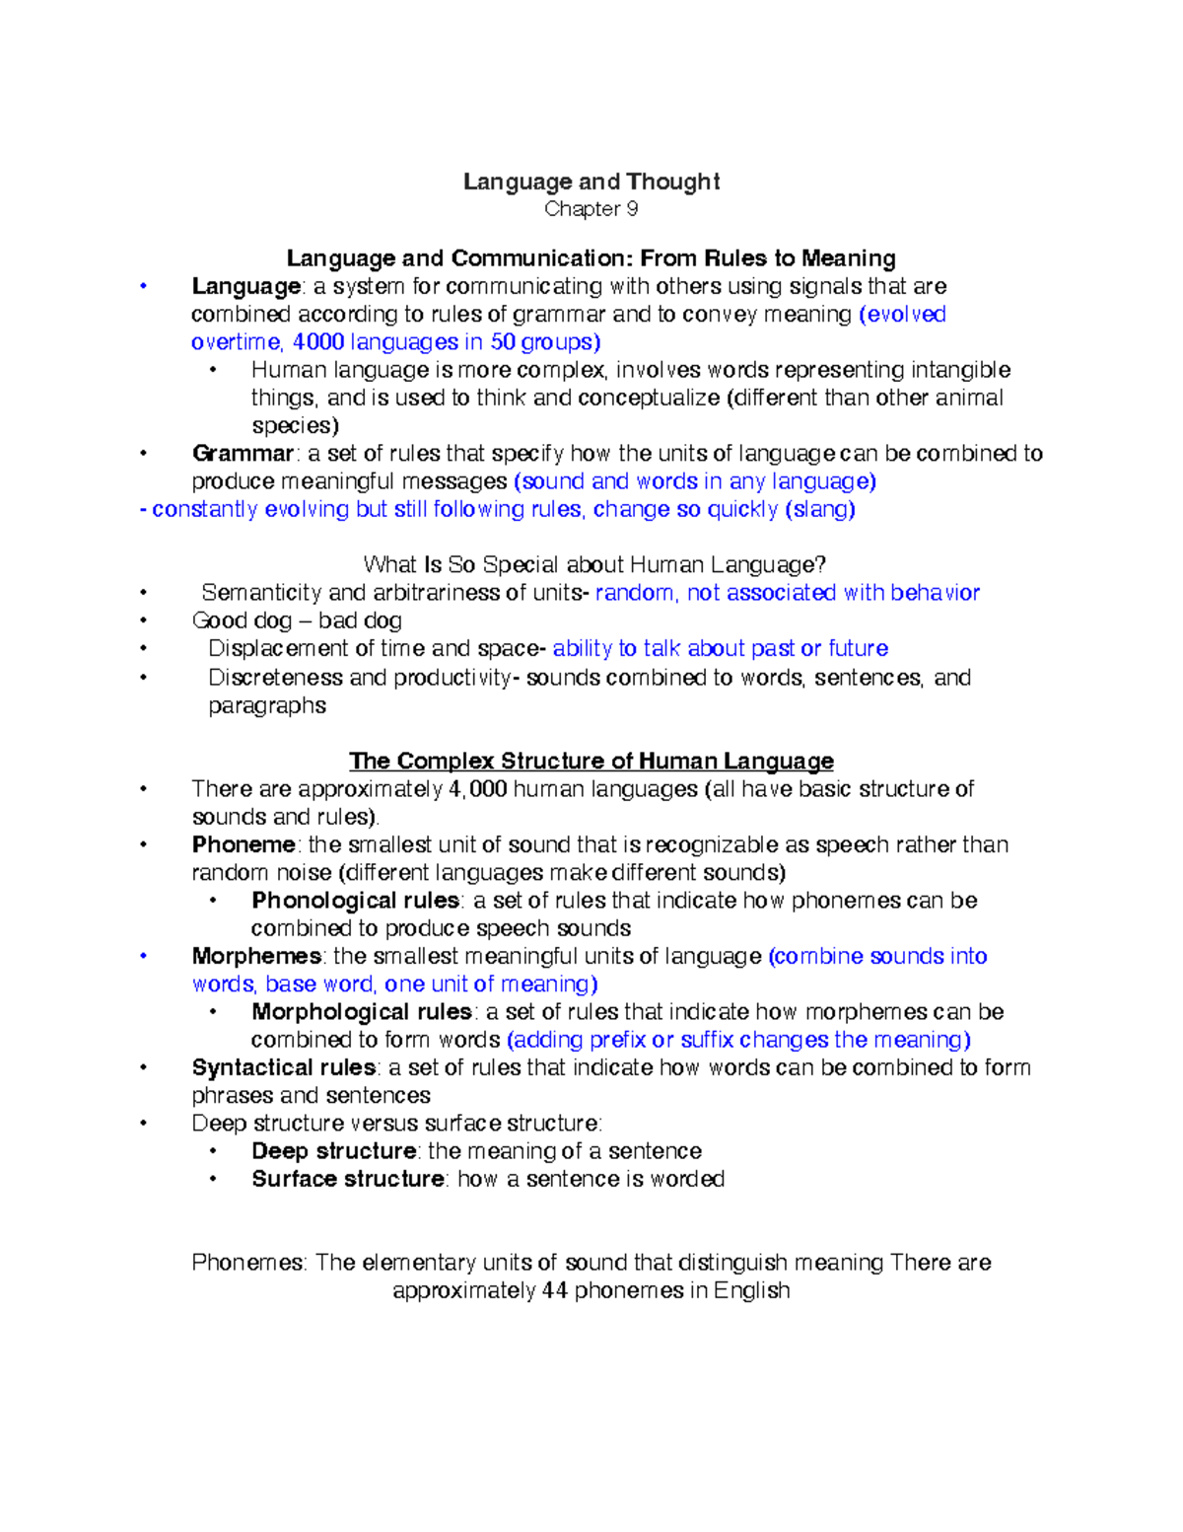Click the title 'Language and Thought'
[x=591, y=182]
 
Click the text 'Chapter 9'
[x=591, y=209]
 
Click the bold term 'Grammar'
[x=243, y=454]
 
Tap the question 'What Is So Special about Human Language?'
[x=593, y=565]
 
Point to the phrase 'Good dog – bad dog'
[x=297, y=620]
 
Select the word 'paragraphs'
[x=267, y=705]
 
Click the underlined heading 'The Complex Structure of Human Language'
[x=591, y=762]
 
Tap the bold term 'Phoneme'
[x=244, y=845]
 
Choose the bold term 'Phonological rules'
[x=355, y=901]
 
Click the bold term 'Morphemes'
[x=256, y=957]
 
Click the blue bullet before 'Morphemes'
[x=144, y=956]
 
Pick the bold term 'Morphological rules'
[x=361, y=1012]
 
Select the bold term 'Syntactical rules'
[x=284, y=1068]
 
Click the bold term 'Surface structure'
[x=347, y=1180]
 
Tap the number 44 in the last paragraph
[x=554, y=1291]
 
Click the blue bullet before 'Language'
[x=144, y=286]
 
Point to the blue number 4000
[x=318, y=342]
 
